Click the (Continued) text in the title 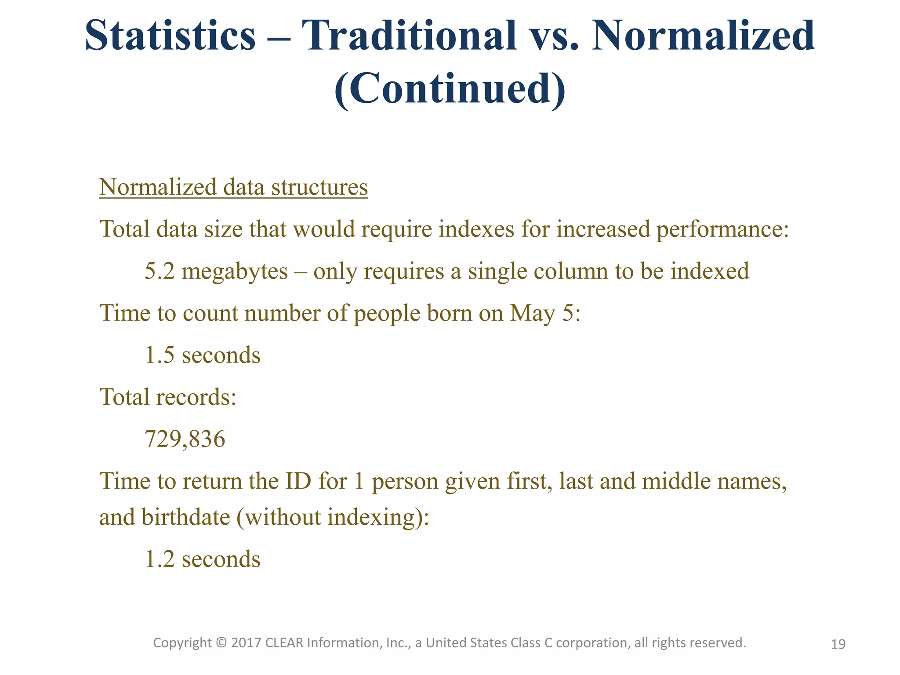click(450, 88)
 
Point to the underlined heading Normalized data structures click(233, 187)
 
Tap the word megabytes click(235, 271)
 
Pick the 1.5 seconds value click(203, 355)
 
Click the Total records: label click(168, 397)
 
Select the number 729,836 click(185, 439)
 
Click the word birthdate click(186, 517)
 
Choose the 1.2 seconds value click(203, 559)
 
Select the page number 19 click(838, 644)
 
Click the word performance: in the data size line click(722, 229)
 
